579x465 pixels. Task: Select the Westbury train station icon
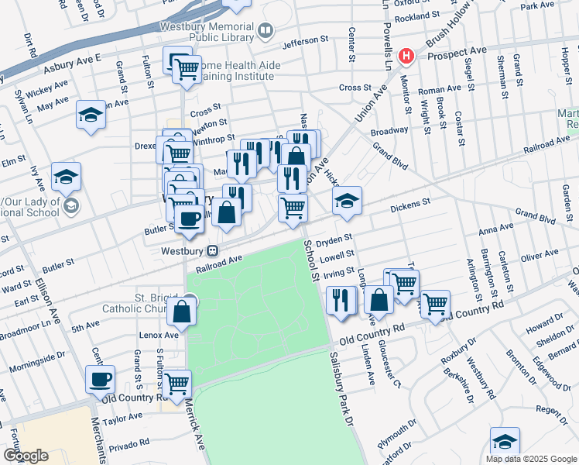click(211, 251)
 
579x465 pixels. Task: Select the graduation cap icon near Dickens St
click(348, 201)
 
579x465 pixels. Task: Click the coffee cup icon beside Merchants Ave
click(101, 380)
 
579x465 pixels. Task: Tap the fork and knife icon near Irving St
click(341, 299)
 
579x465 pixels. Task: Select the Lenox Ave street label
click(160, 336)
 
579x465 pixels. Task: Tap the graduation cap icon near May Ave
click(91, 116)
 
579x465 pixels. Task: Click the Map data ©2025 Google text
click(531, 459)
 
